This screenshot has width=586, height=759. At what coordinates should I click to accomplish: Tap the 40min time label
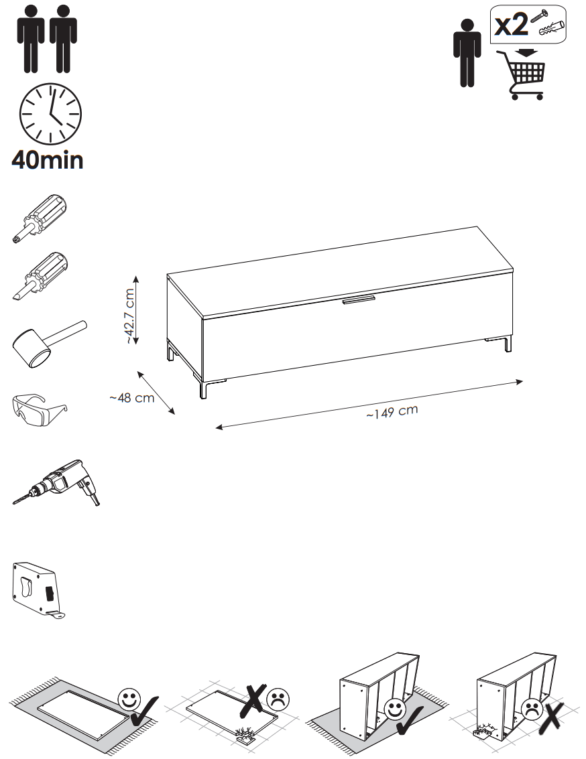(48, 160)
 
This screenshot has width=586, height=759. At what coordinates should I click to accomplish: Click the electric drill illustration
(58, 483)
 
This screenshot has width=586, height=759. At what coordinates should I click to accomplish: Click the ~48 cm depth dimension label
(131, 399)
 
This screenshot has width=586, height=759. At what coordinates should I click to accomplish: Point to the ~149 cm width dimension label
(392, 412)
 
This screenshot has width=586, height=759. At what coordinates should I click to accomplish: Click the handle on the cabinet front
(361, 299)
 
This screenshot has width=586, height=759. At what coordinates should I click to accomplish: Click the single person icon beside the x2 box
(467, 54)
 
